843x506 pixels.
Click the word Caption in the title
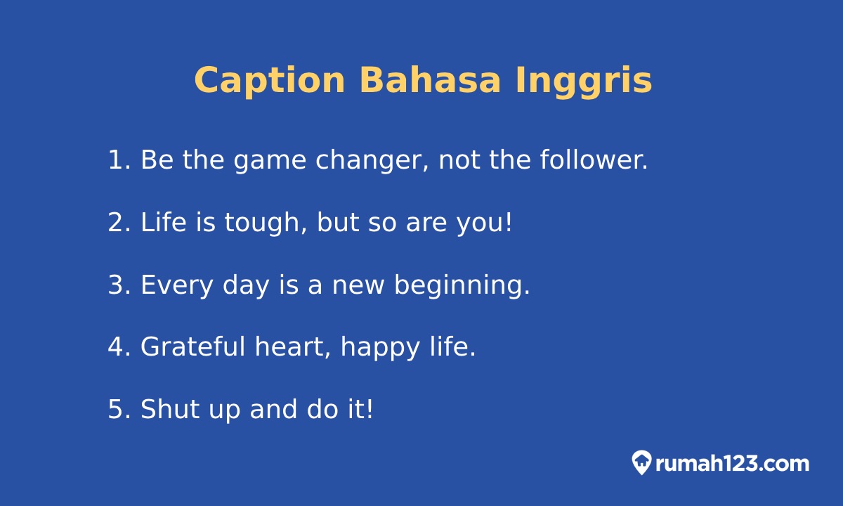[x=269, y=81]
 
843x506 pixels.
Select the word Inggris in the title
[x=583, y=81]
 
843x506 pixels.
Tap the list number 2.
[x=116, y=223]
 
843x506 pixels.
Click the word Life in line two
[x=164, y=223]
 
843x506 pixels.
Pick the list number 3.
[x=116, y=285]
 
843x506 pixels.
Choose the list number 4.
[x=116, y=347]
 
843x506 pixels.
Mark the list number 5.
[x=116, y=410]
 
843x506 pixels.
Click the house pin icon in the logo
[x=641, y=462]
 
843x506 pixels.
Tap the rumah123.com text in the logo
[x=732, y=464]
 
